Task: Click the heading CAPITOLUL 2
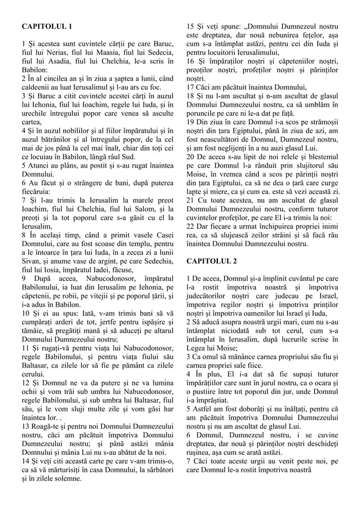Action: (x=212, y=261)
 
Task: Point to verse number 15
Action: (x=190, y=27)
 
